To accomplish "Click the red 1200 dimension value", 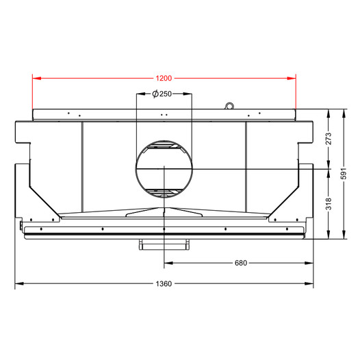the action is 164,78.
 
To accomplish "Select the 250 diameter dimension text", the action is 166,94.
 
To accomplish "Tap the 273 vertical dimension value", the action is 329,138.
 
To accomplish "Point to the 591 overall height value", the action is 344,174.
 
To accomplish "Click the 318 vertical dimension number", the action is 329,204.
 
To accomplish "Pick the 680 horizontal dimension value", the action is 241,263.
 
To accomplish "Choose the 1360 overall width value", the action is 164,284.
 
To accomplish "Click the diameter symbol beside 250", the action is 155,94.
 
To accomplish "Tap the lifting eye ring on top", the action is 229,106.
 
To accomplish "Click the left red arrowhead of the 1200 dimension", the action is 37,78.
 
